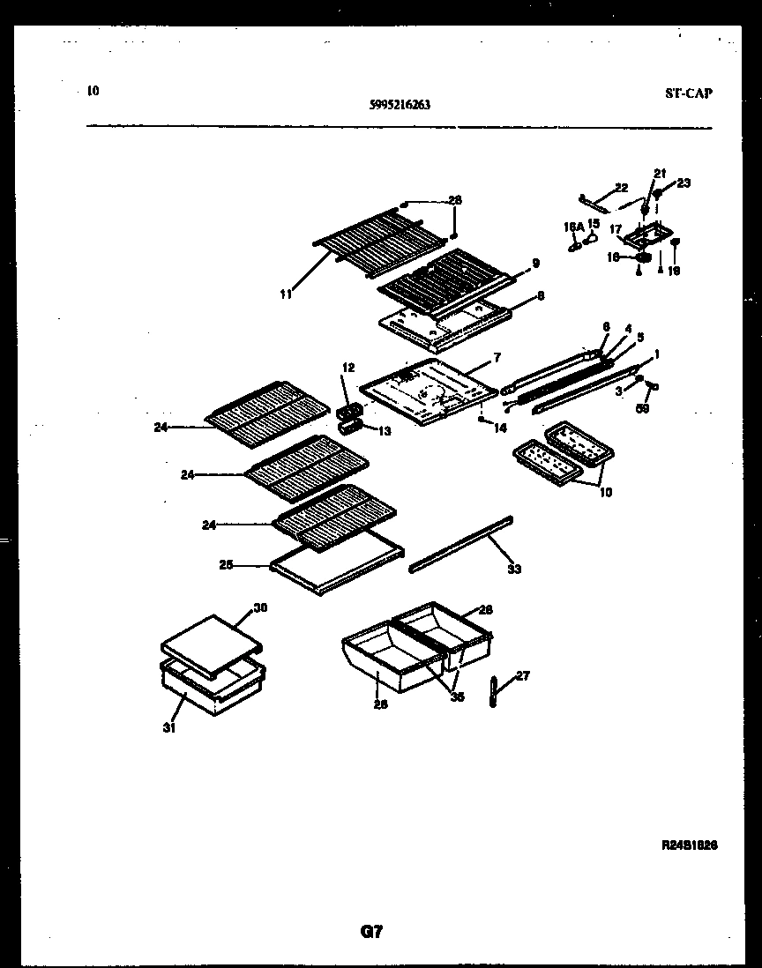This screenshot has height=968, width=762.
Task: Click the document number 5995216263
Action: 400,103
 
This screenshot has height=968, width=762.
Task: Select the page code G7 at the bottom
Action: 372,931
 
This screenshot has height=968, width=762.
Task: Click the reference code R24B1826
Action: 689,844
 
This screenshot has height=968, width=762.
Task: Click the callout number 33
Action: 514,570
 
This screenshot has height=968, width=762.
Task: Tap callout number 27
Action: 523,676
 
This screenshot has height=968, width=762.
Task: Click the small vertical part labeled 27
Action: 492,691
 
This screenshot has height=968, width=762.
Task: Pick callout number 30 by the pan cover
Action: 260,607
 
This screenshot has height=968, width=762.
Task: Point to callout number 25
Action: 226,564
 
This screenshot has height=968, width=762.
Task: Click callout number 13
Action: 383,430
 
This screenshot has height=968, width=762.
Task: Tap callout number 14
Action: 500,428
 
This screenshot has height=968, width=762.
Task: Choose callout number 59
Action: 643,408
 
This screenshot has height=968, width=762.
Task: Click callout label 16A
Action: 574,227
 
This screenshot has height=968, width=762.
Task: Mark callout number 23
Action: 684,183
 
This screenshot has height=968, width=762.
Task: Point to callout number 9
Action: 535,263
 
